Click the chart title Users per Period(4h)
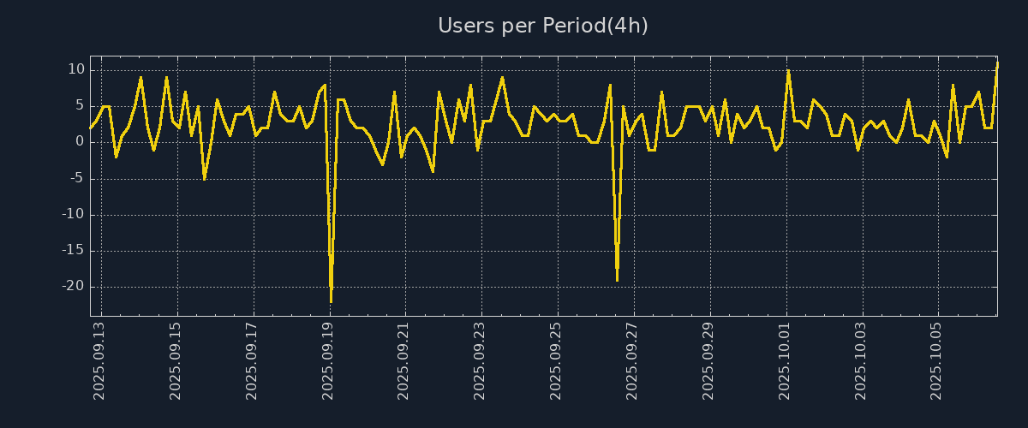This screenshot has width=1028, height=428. pyautogui.click(x=542, y=26)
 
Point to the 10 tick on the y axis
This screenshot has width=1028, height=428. pyautogui.click(x=76, y=69)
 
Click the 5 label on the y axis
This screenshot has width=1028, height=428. pyautogui.click(x=80, y=105)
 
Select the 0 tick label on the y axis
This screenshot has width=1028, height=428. pyautogui.click(x=80, y=142)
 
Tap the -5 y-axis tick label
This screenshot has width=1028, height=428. pyautogui.click(x=77, y=178)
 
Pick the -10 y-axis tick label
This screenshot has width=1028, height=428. pyautogui.click(x=74, y=214)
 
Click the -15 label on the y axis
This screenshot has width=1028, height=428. pyautogui.click(x=74, y=251)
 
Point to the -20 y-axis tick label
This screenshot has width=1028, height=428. pyautogui.click(x=74, y=287)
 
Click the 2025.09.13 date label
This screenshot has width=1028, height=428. pyautogui.click(x=99, y=360)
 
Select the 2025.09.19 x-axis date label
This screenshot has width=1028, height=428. pyautogui.click(x=328, y=360)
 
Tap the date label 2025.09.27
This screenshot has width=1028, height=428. pyautogui.click(x=632, y=360)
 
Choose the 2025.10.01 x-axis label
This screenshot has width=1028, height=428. pyautogui.click(x=785, y=360)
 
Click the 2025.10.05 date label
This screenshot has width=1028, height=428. pyautogui.click(x=937, y=360)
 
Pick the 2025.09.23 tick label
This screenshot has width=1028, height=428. pyautogui.click(x=480, y=360)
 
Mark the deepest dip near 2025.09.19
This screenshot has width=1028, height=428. pyautogui.click(x=331, y=300)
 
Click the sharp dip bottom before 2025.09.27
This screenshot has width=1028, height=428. pyautogui.click(x=617, y=279)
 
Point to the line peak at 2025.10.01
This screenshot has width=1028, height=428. pyautogui.click(x=788, y=70)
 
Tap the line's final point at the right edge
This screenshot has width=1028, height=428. pyautogui.click(x=997, y=63)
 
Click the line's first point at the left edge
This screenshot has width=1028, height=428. pyautogui.click(x=90, y=128)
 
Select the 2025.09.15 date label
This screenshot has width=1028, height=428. pyautogui.click(x=176, y=360)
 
